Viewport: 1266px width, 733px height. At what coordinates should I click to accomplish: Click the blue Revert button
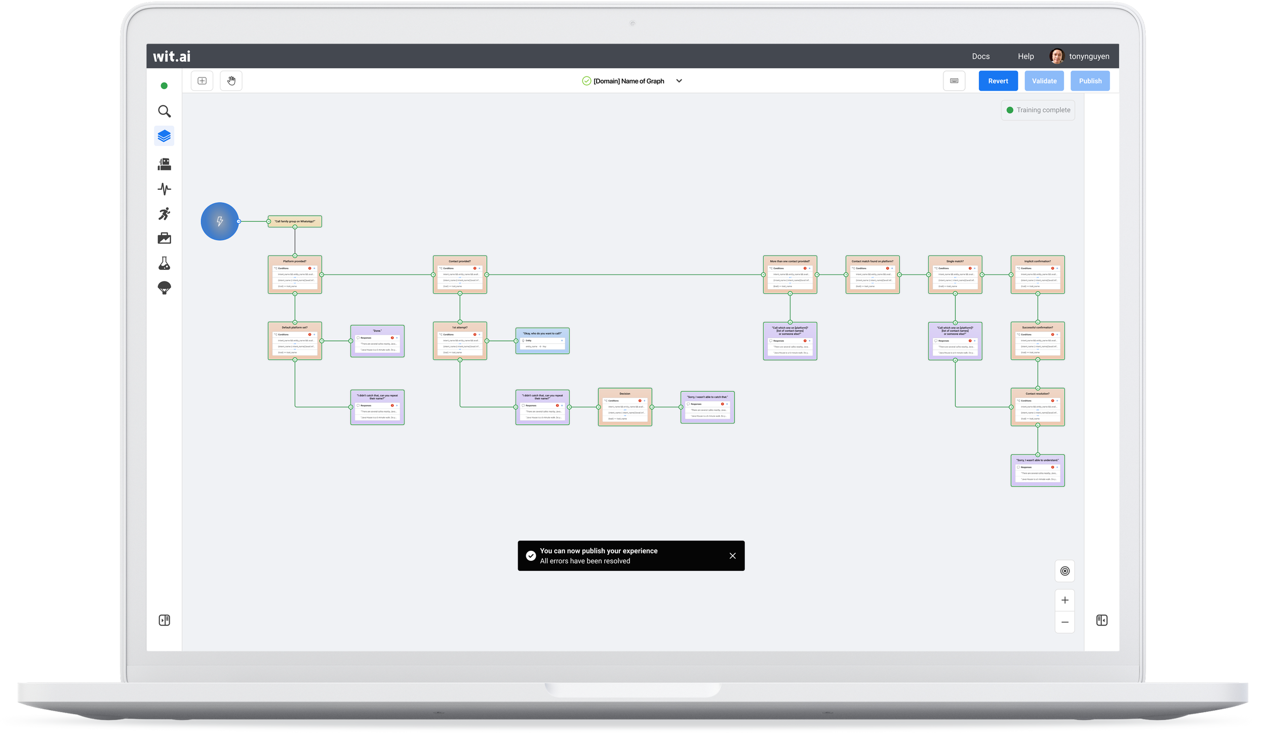click(998, 81)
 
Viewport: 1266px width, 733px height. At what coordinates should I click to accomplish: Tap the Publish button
click(1090, 81)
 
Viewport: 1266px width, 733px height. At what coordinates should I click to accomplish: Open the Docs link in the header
click(980, 56)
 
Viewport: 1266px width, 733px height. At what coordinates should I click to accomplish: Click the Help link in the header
click(1025, 56)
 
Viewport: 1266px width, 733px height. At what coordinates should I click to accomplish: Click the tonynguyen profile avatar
click(1056, 56)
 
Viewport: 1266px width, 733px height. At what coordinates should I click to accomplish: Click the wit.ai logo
click(172, 56)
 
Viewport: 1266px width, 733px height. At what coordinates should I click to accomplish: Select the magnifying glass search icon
click(164, 111)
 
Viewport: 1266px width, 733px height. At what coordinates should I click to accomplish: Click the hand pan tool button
click(231, 81)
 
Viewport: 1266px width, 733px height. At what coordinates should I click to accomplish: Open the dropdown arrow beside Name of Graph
click(679, 81)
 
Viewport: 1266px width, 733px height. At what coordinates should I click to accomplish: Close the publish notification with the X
click(732, 556)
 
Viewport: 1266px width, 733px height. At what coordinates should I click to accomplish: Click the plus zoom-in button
click(1065, 600)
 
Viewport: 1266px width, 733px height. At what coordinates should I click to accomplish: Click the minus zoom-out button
click(1065, 622)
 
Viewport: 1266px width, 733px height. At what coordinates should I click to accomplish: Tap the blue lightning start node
click(220, 221)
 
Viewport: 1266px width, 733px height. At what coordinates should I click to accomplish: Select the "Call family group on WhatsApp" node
click(295, 221)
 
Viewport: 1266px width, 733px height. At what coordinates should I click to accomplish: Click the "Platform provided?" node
click(295, 274)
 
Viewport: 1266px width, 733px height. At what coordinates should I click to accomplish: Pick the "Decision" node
click(625, 407)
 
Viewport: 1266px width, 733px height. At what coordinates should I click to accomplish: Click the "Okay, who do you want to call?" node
click(542, 341)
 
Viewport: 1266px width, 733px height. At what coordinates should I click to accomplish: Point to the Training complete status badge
click(1038, 110)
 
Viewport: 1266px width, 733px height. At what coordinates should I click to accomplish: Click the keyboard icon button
click(954, 81)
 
